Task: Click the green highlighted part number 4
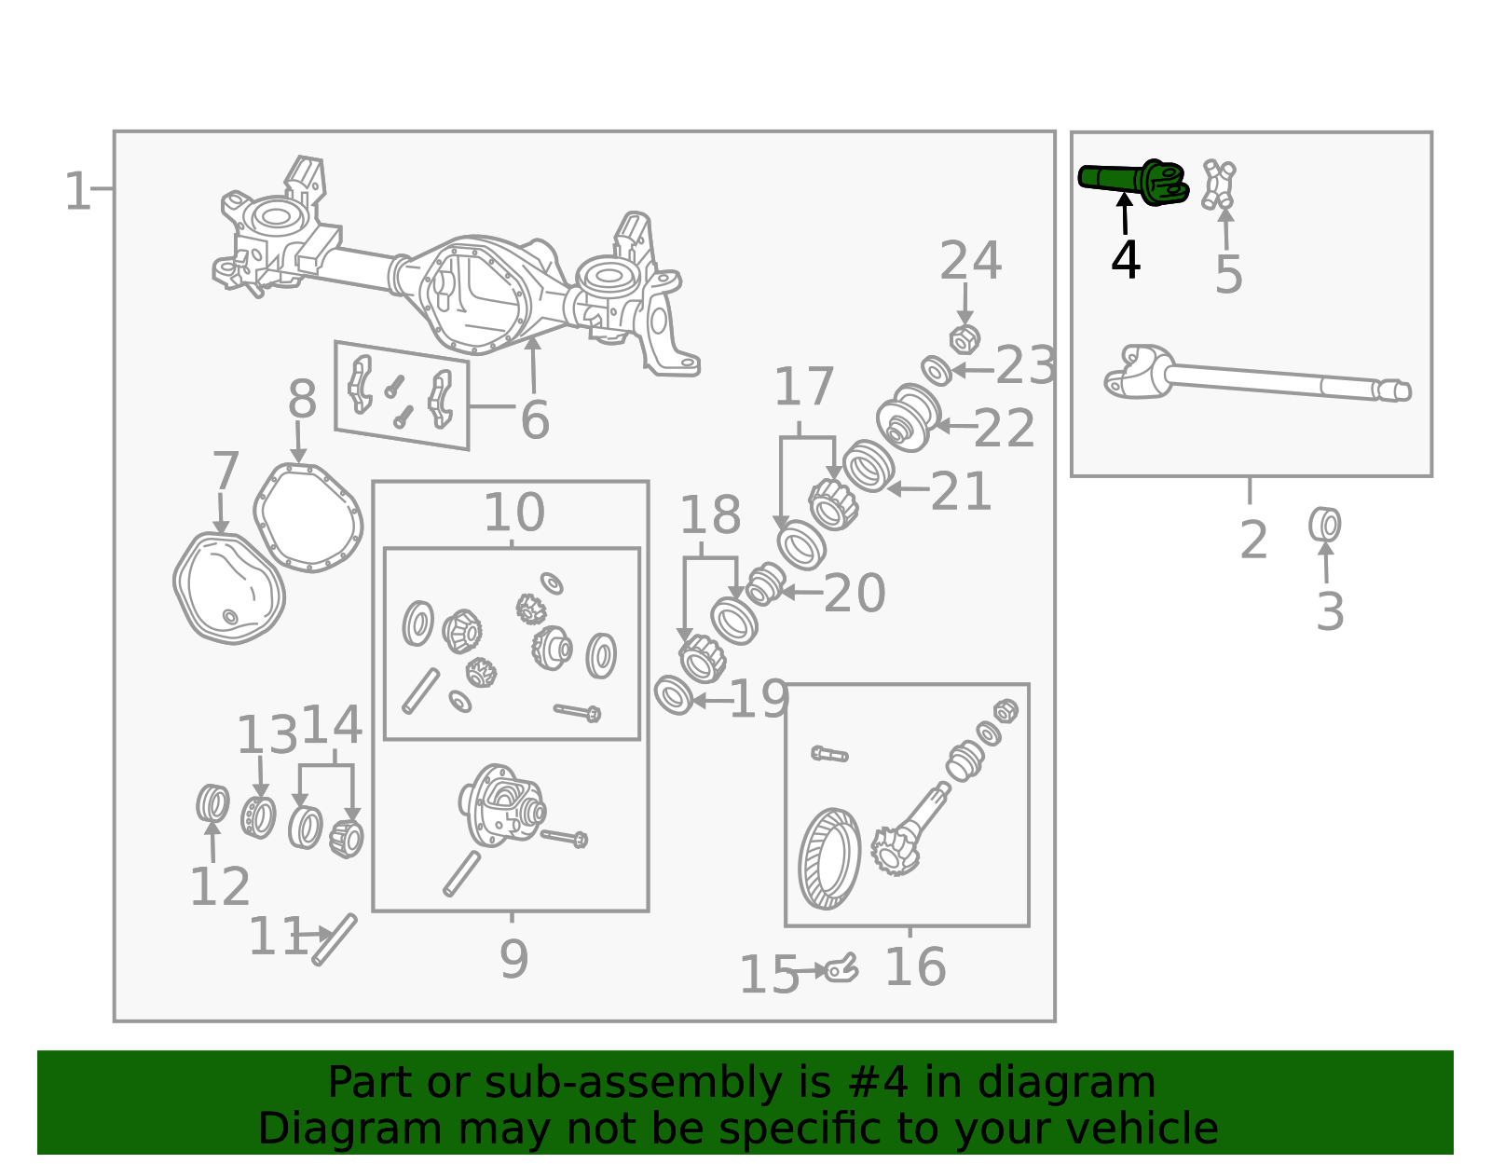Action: (x=1133, y=182)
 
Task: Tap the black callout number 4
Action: (x=1126, y=261)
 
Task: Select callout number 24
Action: (x=970, y=261)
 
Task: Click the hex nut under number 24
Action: (x=964, y=339)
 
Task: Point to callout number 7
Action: (x=226, y=471)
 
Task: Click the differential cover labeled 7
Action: (x=229, y=588)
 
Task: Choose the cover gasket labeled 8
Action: (x=308, y=518)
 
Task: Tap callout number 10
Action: (x=514, y=513)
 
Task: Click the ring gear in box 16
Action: (x=829, y=858)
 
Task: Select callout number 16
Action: (x=916, y=967)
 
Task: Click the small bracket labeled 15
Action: (x=841, y=969)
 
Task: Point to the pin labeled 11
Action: (x=335, y=939)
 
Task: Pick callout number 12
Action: (x=220, y=887)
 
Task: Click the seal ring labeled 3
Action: (x=1324, y=525)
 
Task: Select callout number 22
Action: (x=1004, y=429)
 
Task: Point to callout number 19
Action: (x=759, y=700)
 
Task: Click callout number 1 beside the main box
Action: (x=76, y=191)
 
